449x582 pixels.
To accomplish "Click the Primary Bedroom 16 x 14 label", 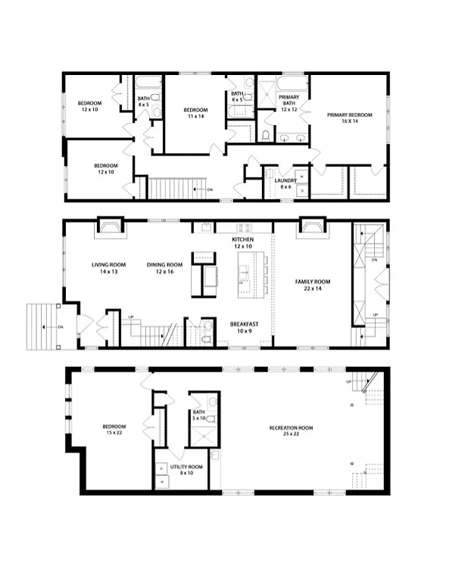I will click(349, 119).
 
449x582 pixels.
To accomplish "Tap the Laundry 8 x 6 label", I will click(285, 183).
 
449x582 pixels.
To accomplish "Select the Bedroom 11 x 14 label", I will click(195, 114).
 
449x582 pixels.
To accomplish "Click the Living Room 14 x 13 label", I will click(108, 268).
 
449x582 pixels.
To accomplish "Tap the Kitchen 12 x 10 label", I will click(242, 243).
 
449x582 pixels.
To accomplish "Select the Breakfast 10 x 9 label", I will click(244, 327).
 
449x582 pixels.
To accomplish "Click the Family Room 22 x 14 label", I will click(312, 285).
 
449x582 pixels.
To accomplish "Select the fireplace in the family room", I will click(310, 227).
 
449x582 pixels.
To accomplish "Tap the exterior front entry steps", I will click(42, 326).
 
